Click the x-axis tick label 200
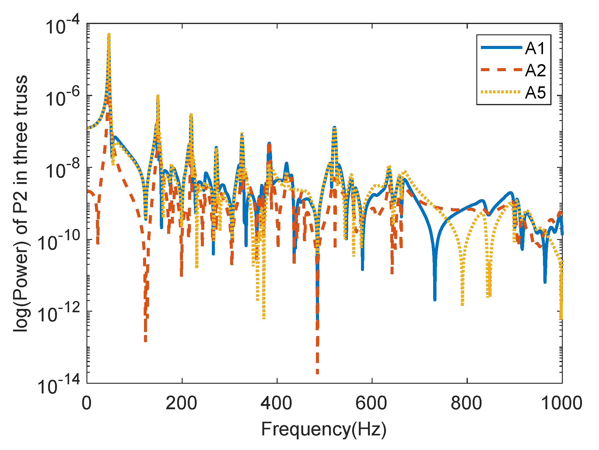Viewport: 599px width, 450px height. [182, 403]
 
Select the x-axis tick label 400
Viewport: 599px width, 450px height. [277, 403]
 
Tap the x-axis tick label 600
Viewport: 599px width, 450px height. [372, 403]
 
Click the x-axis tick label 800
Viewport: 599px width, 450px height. [467, 403]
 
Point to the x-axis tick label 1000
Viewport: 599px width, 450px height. [562, 403]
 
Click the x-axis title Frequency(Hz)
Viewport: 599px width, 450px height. [324, 429]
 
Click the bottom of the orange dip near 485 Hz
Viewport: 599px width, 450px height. [317, 373]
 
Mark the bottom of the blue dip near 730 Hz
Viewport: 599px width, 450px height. [435, 299]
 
